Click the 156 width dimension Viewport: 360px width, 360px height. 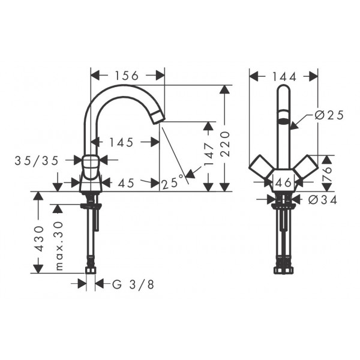point(127,76)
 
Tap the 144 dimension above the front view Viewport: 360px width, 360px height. point(284,77)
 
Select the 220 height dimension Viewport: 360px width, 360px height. point(226,144)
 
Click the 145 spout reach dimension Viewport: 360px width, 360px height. point(121,142)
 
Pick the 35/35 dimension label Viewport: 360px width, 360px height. point(37,161)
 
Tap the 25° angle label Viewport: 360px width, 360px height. point(173,182)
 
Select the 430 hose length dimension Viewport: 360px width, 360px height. point(38,239)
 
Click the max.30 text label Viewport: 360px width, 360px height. point(59,245)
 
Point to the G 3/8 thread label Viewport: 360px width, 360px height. point(133,284)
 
